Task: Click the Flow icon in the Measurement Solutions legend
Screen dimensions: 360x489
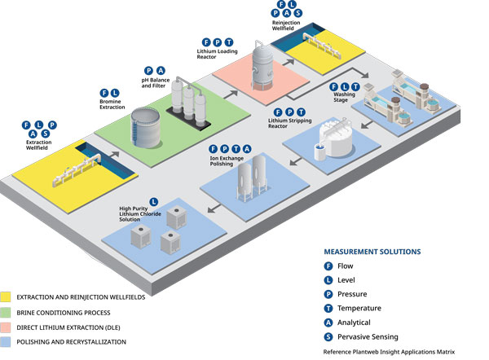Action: pyautogui.click(x=329, y=266)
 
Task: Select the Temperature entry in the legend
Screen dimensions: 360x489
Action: pyautogui.click(x=329, y=308)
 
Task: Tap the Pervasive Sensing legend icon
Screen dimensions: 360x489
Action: pyautogui.click(x=329, y=336)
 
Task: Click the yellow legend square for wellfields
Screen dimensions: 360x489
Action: pyautogui.click(x=7, y=297)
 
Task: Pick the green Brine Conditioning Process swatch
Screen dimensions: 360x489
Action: pyautogui.click(x=7, y=312)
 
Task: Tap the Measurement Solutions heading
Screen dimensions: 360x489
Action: pyautogui.click(x=372, y=252)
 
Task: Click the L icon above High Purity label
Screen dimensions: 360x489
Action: pyautogui.click(x=152, y=201)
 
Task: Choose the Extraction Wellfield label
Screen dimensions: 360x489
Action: pyautogui.click(x=40, y=145)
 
